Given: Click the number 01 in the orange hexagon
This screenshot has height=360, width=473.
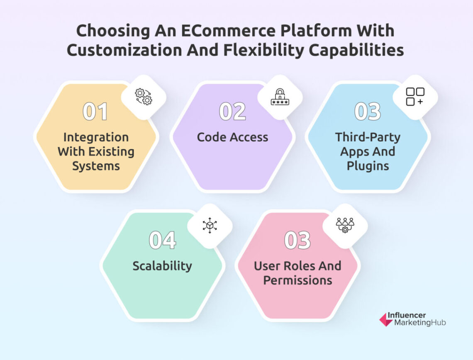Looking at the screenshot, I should (x=95, y=112).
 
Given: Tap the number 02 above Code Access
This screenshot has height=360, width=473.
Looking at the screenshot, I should (x=232, y=112).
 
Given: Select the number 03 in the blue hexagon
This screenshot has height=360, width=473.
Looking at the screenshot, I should (x=367, y=112).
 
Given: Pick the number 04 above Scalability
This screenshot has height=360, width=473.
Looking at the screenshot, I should (x=162, y=241).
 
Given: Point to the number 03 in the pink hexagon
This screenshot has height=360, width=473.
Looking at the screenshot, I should (x=297, y=241).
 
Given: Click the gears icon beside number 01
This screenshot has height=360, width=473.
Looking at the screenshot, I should (x=144, y=97).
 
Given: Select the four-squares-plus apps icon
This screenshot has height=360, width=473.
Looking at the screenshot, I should (x=415, y=97).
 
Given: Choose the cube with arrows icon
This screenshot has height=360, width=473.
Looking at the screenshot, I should (x=210, y=225).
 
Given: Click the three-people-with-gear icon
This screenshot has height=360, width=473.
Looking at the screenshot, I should (x=345, y=225).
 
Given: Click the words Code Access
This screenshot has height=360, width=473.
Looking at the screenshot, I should (x=232, y=137).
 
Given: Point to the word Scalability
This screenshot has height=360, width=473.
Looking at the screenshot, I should (x=162, y=266).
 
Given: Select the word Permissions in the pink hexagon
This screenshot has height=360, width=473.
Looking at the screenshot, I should (x=297, y=280).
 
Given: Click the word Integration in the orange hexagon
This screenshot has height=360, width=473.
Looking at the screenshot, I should (x=95, y=137).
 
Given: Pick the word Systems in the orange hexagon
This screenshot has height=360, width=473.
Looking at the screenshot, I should (x=96, y=166).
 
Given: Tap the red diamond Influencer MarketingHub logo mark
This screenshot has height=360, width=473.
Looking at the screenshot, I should (x=386, y=319).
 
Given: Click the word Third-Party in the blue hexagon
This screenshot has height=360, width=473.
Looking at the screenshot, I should (x=368, y=137).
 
